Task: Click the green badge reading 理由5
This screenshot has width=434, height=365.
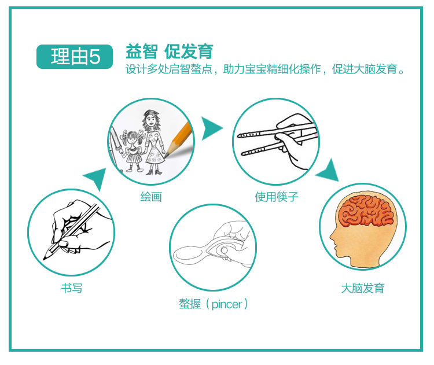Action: coord(75,57)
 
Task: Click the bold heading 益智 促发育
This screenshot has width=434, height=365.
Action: coord(170,51)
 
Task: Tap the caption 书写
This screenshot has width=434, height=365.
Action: coord(72,288)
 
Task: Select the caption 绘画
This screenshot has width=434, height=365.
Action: coord(151,197)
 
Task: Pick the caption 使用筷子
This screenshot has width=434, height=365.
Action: coord(277,197)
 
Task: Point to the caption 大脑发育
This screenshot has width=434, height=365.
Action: coord(363,288)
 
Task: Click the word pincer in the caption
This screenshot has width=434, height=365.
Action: coord(227,304)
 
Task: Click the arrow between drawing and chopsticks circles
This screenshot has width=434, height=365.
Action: coord(212,128)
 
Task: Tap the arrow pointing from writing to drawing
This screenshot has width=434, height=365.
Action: coord(96,178)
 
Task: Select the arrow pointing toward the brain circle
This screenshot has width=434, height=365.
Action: coord(329,171)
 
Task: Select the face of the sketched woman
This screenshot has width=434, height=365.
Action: coord(151,120)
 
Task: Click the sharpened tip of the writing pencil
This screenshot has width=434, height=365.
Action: coord(44,259)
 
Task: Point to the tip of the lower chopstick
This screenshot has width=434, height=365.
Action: coord(242,154)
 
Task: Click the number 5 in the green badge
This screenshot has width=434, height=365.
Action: coord(94,57)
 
